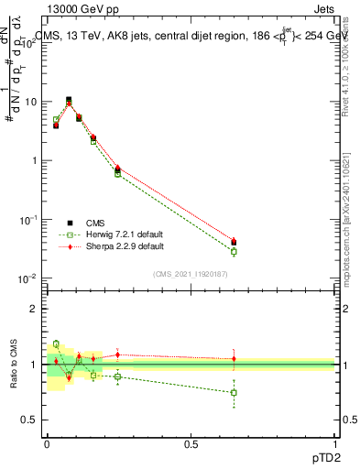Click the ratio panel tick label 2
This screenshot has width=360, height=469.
click(x=34, y=309)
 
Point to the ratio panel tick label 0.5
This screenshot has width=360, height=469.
click(x=30, y=420)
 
